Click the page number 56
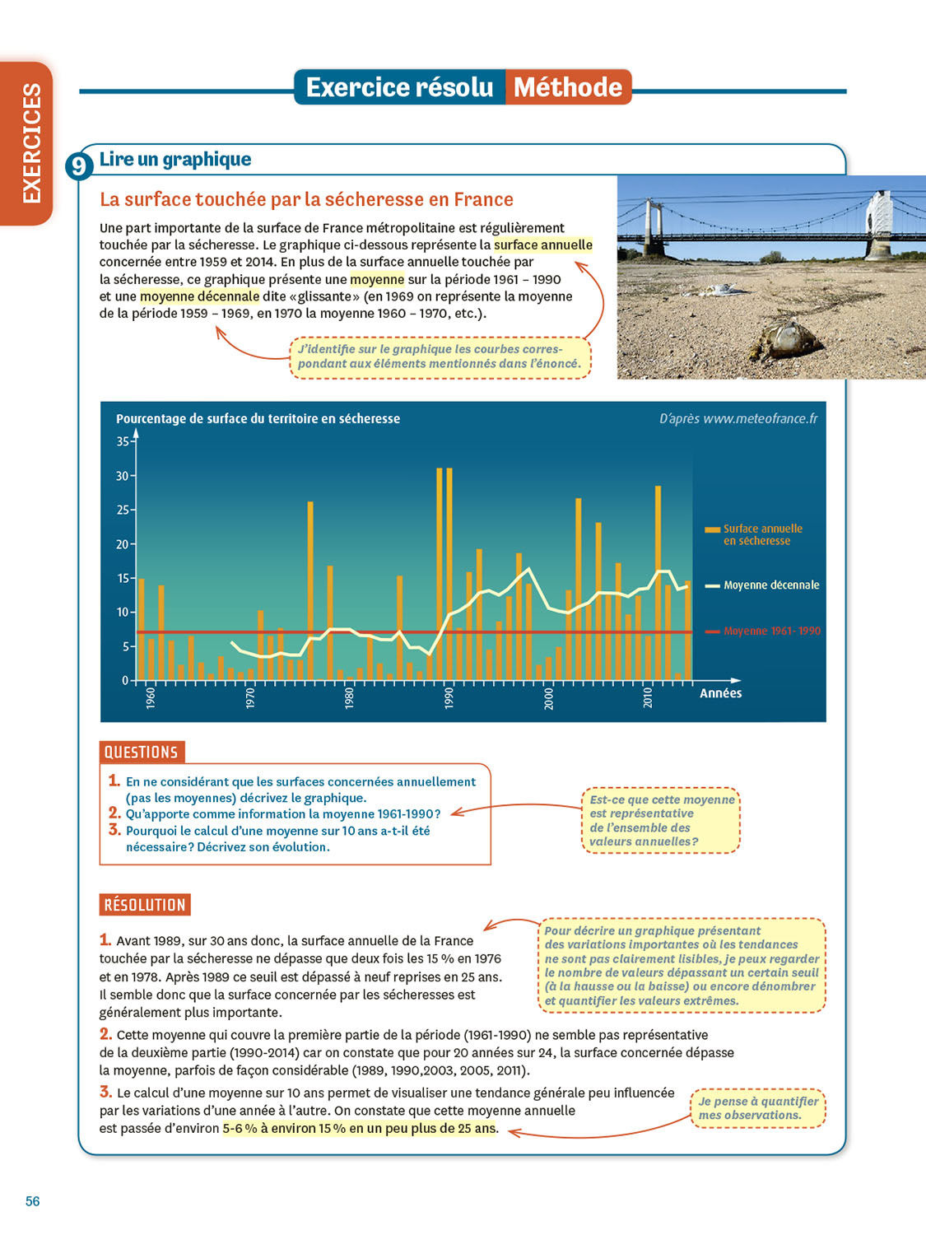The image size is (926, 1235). click(x=32, y=1201)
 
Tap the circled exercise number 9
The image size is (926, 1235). click(x=78, y=166)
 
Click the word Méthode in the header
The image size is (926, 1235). click(x=568, y=87)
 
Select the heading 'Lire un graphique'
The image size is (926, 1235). click(x=175, y=160)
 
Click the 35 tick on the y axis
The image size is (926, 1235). click(x=123, y=441)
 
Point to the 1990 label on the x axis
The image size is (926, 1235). click(x=449, y=698)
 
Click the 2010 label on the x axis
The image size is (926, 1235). click(x=648, y=698)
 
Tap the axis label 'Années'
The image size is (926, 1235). click(x=720, y=693)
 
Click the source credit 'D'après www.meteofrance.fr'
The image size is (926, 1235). click(x=738, y=419)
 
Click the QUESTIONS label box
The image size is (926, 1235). click(x=142, y=752)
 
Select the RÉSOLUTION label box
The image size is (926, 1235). click(x=145, y=905)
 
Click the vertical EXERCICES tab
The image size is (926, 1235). click(x=31, y=142)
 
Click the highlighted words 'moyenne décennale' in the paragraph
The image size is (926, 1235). click(x=199, y=296)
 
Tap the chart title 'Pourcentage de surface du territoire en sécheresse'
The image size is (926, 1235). click(x=258, y=419)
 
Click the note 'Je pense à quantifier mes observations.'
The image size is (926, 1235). click(x=758, y=1108)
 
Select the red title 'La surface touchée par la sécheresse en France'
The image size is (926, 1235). click(x=306, y=200)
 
